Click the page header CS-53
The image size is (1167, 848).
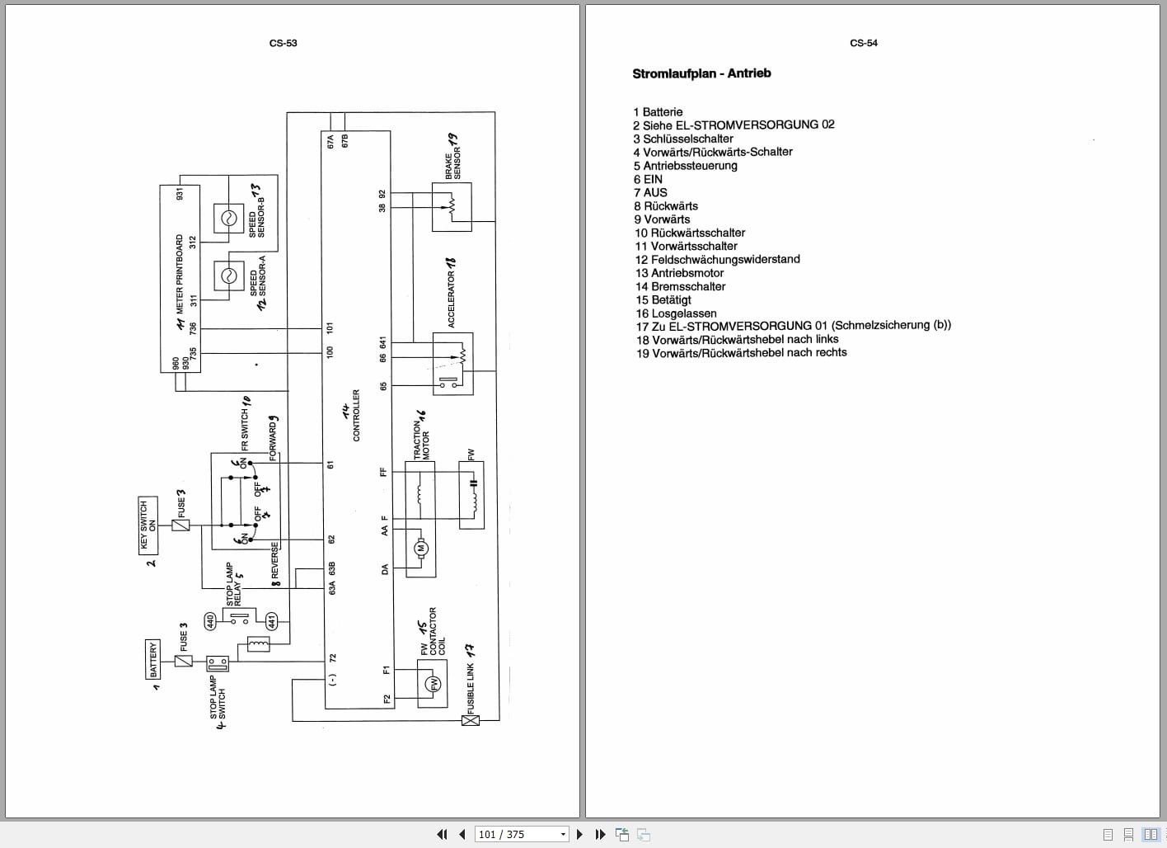coord(283,43)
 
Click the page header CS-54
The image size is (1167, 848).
coord(863,43)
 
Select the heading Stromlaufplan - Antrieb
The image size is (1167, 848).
coord(701,73)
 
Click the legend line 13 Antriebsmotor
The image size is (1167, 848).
coord(679,273)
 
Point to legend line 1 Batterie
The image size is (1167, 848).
coord(658,112)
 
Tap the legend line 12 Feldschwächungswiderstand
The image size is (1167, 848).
coord(717,259)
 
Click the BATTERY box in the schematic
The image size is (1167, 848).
coord(152,660)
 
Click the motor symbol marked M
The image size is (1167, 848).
coord(420,548)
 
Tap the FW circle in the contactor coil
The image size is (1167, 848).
coord(434,683)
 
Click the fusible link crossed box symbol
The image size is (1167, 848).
coord(470,720)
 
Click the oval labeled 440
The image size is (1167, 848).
coord(211,620)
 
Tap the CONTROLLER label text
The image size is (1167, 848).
coord(356,416)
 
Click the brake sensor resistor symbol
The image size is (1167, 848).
coord(452,206)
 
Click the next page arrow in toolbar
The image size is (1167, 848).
coord(579,834)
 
